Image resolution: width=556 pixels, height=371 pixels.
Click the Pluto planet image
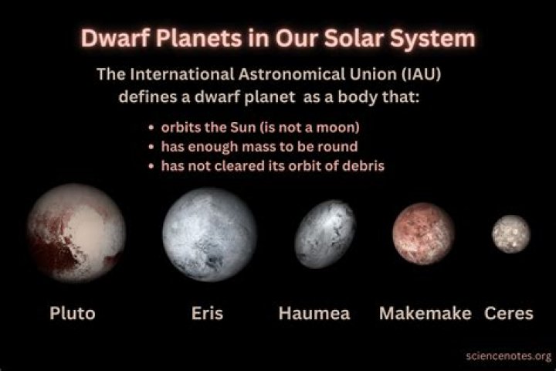(x=76, y=233)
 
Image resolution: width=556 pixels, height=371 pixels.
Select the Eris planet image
(x=209, y=234)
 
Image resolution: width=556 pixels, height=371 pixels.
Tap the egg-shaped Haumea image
(x=325, y=234)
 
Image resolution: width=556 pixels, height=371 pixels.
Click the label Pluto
(x=73, y=313)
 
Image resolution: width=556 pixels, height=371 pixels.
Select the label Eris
(x=208, y=313)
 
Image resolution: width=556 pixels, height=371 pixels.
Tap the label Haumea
(x=314, y=313)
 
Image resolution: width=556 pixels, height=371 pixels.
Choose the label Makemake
(x=425, y=313)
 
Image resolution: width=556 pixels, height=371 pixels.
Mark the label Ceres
(x=509, y=313)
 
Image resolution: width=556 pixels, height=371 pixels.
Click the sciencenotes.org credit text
(x=509, y=356)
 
